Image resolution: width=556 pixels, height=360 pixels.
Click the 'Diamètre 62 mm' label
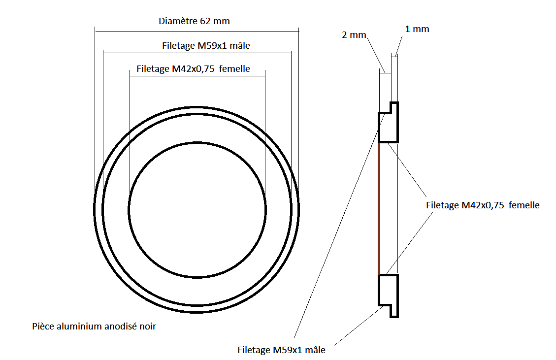(x=194, y=21)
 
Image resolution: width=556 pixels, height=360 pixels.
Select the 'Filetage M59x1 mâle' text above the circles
(x=206, y=46)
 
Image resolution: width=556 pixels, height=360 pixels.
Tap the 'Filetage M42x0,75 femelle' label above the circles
(x=193, y=69)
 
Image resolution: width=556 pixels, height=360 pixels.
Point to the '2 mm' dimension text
(x=354, y=35)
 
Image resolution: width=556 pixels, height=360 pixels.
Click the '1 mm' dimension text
(x=417, y=29)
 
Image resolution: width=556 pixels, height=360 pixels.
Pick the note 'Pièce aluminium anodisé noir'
(x=94, y=327)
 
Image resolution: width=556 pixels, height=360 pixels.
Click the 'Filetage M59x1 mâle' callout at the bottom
(x=281, y=350)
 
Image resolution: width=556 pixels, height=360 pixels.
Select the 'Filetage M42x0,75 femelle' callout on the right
(x=483, y=205)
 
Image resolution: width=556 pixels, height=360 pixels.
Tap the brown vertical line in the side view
(x=379, y=208)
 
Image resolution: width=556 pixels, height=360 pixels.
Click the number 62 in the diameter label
(x=205, y=21)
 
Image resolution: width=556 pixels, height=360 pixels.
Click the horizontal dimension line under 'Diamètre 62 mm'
(x=197, y=31)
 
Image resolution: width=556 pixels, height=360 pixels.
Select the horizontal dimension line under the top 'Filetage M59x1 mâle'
(x=197, y=53)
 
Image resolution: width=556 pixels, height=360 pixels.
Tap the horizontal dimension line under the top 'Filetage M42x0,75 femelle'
(x=197, y=76)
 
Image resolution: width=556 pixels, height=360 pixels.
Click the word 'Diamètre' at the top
(x=178, y=21)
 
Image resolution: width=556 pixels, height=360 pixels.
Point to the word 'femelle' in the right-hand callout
(x=524, y=205)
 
